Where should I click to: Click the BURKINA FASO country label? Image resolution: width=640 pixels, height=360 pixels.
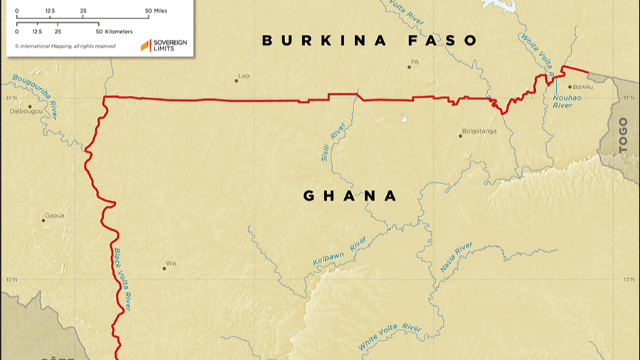click(x=370, y=41)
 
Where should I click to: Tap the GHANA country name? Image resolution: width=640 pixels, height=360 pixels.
click(x=350, y=196)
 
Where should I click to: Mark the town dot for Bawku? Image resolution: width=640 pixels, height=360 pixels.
click(x=569, y=87)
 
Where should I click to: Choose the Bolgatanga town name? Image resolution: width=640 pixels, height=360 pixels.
click(x=479, y=131)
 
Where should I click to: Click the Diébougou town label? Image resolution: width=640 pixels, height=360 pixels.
click(x=26, y=112)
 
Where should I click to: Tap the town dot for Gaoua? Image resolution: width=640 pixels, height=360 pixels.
click(x=43, y=221)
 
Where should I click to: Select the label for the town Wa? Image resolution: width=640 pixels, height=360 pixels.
click(x=171, y=263)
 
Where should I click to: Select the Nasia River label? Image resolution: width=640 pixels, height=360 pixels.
click(x=456, y=257)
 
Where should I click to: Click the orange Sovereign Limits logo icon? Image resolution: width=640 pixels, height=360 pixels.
click(x=145, y=46)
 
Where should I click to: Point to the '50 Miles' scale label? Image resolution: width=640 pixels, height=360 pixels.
click(x=159, y=11)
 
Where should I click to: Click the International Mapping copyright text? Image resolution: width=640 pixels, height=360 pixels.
click(x=65, y=46)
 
